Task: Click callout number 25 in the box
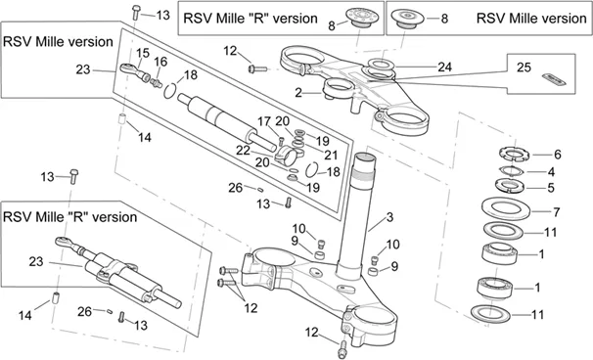tap(524, 67)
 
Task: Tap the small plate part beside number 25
tap(554, 79)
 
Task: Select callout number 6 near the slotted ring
tap(558, 155)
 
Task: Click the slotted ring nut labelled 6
tap(513, 155)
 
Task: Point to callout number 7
tap(557, 212)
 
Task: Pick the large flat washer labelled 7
tap(506, 208)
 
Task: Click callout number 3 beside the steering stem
tap(389, 217)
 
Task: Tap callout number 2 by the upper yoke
tap(298, 93)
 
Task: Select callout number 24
tap(444, 67)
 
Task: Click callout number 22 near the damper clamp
tap(243, 151)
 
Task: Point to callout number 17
tap(264, 121)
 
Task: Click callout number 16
tap(160, 62)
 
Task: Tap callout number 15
tap(143, 53)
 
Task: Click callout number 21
tap(331, 155)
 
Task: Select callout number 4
tap(551, 172)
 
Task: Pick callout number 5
tap(551, 188)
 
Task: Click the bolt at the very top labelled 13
tap(136, 12)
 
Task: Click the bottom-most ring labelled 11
tap(490, 314)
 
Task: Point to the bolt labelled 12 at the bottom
tap(342, 348)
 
